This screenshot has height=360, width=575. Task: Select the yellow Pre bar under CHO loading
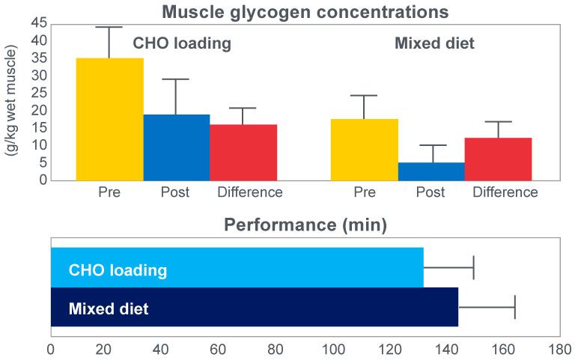pos(109,120)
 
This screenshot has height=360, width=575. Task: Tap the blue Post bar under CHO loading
pos(176,147)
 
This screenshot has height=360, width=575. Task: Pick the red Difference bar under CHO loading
pos(243,152)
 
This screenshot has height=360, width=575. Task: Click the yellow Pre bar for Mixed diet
pos(364,150)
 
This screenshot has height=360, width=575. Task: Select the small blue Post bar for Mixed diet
pos(431,171)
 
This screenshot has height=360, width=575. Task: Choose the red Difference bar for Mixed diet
pos(498,159)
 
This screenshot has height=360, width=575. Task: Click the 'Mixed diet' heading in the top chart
pos(434,43)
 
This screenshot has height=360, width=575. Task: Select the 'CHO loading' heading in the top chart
pos(182,43)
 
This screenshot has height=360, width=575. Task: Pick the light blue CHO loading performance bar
pos(237,267)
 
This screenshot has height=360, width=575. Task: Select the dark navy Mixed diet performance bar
pos(254,307)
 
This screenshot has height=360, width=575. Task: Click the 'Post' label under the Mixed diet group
pos(431,192)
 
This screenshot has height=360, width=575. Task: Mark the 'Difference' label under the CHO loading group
pos(249,192)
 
